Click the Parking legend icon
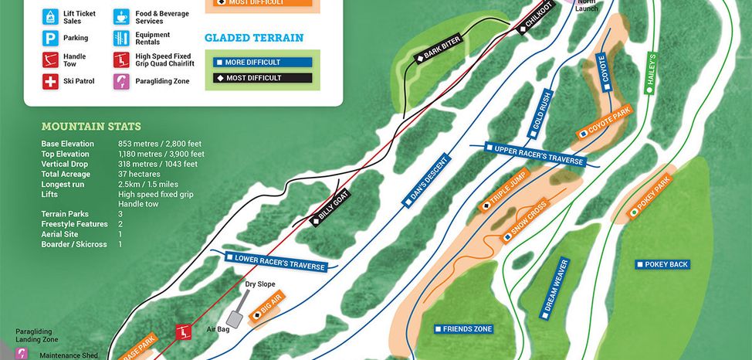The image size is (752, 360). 51,38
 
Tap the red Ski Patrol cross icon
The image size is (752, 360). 51,81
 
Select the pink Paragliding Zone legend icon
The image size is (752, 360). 122,81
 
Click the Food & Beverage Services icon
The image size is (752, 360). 122,16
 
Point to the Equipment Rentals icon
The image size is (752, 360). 122,38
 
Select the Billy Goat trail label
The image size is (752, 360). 330,208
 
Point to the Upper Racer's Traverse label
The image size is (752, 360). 534,154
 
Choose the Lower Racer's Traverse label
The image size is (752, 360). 276,261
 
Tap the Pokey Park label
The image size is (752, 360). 652,196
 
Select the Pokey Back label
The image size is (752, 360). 662,264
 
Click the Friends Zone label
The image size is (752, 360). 462,329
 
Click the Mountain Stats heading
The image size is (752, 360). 91,127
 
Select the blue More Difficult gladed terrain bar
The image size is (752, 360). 258,62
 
